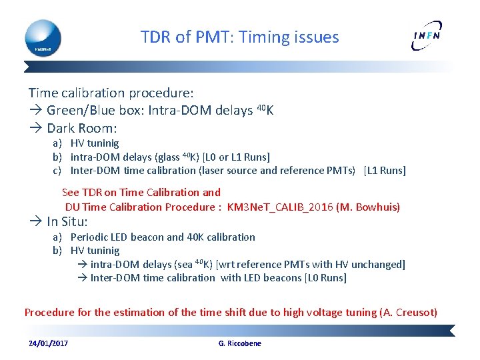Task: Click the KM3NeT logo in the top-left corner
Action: pos(43,37)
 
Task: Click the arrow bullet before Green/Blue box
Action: pos(36,111)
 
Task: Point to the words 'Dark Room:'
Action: pos(82,128)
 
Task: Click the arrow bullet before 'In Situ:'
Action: pos(36,221)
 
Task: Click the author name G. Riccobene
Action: pos(240,343)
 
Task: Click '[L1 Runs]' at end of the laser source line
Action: pos(385,171)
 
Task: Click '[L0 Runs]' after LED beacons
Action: pos(325,278)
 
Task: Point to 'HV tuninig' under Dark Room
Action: pos(95,143)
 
